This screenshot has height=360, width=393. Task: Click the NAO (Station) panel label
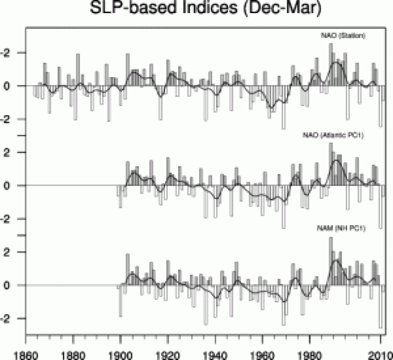(343, 36)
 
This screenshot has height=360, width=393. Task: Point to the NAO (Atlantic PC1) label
(334, 136)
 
